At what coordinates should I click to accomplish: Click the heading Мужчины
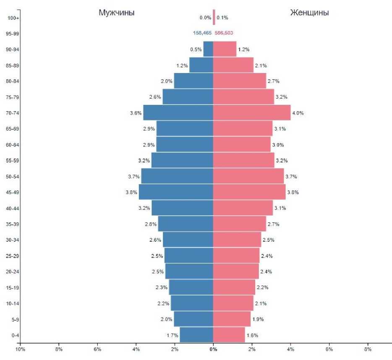coord(116,13)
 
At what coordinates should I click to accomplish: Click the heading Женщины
coord(309,13)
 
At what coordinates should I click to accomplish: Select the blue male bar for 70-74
coord(178,113)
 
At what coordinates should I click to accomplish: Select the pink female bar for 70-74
coord(252,113)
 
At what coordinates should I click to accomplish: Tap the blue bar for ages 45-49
coord(176,192)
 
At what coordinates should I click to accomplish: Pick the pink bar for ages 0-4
coord(229,335)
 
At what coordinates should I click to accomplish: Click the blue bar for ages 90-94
coord(208,49)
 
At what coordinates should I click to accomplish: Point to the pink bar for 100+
coord(214,18)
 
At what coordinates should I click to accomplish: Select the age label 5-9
coord(15,319)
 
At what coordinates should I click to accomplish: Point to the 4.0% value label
coord(298,113)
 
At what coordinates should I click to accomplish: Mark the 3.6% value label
coord(136,113)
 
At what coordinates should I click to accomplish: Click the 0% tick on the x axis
coord(213,349)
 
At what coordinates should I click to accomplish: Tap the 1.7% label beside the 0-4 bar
coord(172,335)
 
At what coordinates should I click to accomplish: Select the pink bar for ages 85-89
coord(233,65)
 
